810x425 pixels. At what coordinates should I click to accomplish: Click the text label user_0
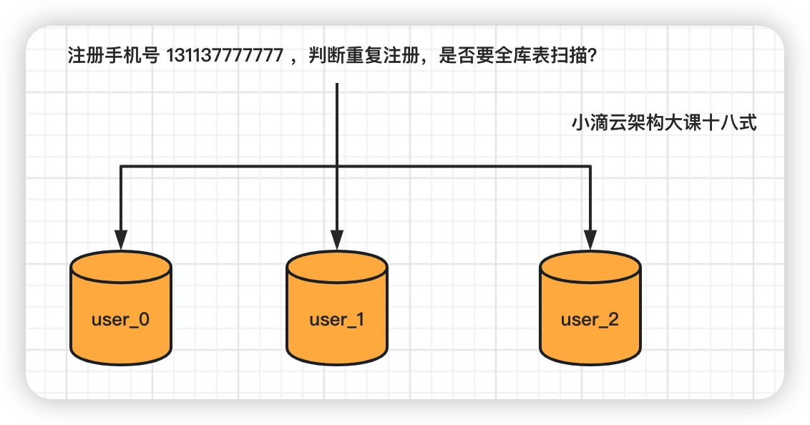pos(121,319)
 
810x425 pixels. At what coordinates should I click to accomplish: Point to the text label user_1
pos(337,319)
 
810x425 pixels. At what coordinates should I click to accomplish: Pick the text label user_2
pos(590,319)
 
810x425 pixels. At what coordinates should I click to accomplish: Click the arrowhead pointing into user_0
pos(121,240)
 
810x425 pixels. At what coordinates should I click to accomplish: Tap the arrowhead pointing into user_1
pos(337,240)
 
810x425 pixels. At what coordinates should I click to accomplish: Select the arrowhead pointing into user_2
pos(590,240)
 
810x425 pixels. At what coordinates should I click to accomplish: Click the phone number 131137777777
pos(225,57)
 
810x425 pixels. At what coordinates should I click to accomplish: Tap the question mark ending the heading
pos(592,57)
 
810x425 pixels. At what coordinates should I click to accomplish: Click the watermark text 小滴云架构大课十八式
pos(664,124)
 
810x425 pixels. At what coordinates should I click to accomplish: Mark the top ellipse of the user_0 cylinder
pos(121,265)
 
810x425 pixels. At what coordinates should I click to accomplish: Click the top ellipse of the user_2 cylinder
pos(590,265)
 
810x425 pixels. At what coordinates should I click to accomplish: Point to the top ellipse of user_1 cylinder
pos(337,265)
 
